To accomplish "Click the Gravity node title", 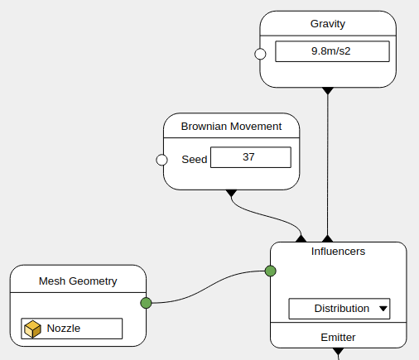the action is pyautogui.click(x=328, y=24).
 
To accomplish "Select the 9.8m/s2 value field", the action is pyautogui.click(x=332, y=51).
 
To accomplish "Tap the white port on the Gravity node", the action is pyautogui.click(x=260, y=54).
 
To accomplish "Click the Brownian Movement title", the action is pyautogui.click(x=231, y=127).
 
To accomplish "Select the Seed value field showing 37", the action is pyautogui.click(x=251, y=157).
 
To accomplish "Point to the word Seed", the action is pyautogui.click(x=195, y=160).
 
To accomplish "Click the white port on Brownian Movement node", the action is pyautogui.click(x=161, y=160).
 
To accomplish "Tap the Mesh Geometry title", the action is pyautogui.click(x=78, y=281).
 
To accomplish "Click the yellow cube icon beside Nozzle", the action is pyautogui.click(x=32, y=329).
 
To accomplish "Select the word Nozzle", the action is pyautogui.click(x=64, y=329).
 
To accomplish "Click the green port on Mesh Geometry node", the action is pyautogui.click(x=146, y=303).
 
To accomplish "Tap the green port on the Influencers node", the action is pyautogui.click(x=271, y=271).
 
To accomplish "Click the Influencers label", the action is pyautogui.click(x=338, y=252).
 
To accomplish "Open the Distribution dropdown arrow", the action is pyautogui.click(x=383, y=309).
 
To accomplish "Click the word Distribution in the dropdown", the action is pyautogui.click(x=342, y=309).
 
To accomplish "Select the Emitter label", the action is pyautogui.click(x=338, y=338).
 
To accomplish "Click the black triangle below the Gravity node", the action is pyautogui.click(x=328, y=90).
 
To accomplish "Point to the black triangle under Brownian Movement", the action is pyautogui.click(x=231, y=193).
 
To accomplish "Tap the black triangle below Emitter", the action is pyautogui.click(x=338, y=351).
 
